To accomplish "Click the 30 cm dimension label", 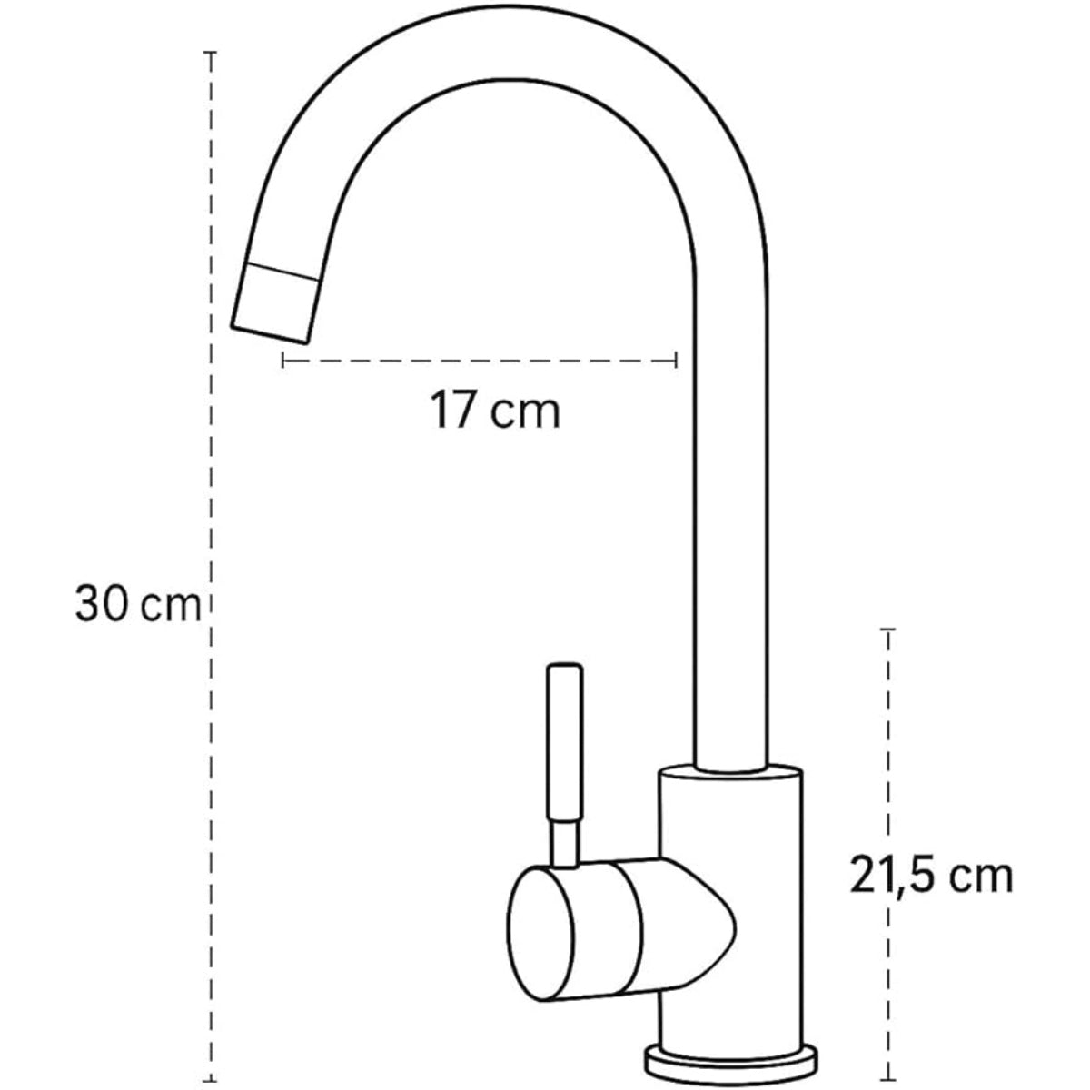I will [137, 604].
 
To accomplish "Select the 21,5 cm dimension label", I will [931, 877].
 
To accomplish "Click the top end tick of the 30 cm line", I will [211, 54].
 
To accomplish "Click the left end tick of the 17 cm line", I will [283, 361].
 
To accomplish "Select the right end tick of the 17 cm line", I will [677, 361].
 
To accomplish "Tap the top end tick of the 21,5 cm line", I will [887, 629].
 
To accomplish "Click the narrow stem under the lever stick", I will [565, 840].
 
